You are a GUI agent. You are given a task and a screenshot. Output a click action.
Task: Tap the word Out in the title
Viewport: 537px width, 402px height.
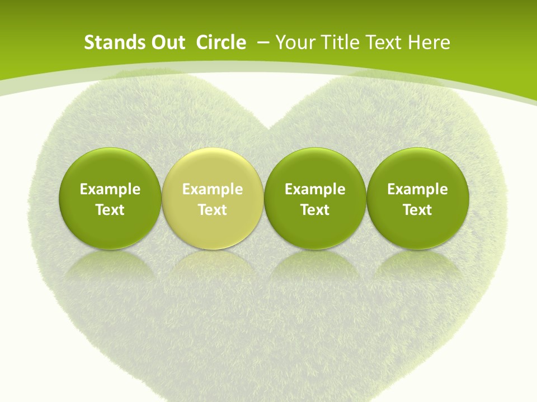click(x=166, y=42)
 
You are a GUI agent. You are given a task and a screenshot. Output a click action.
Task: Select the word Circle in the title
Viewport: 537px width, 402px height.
click(x=221, y=42)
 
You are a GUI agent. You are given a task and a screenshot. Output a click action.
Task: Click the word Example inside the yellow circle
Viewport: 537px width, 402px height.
click(x=213, y=189)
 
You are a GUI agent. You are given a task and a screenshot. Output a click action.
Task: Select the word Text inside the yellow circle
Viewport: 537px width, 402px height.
click(x=213, y=210)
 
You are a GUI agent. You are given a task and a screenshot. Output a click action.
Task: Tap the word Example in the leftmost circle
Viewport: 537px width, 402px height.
click(x=110, y=189)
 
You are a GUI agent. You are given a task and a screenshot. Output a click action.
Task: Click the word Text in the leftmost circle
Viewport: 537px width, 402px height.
click(x=110, y=210)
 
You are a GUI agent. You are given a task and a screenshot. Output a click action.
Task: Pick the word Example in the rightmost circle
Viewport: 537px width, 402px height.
click(x=418, y=189)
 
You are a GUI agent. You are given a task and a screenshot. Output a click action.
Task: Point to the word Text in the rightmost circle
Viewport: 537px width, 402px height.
click(x=418, y=210)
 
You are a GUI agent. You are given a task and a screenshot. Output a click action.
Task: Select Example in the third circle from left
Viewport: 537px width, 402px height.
click(x=315, y=189)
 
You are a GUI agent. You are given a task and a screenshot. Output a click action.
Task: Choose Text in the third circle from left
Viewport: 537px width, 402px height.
click(x=315, y=210)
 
